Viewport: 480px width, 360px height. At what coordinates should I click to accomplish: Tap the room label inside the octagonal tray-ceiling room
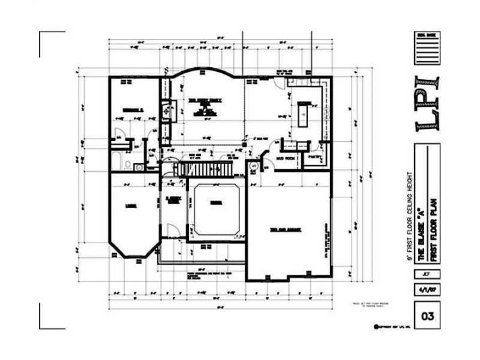(x=215, y=202)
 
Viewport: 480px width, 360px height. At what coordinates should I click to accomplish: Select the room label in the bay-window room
(x=132, y=208)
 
